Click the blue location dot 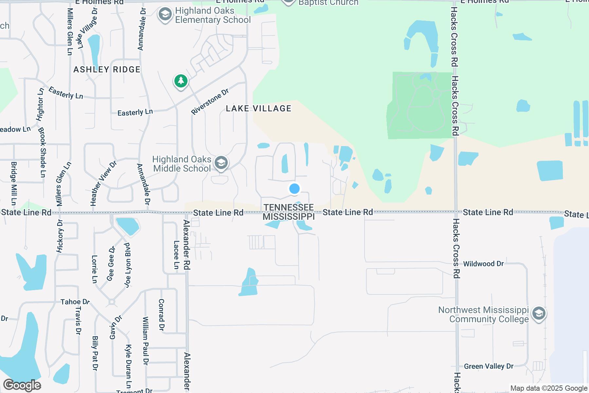(x=294, y=189)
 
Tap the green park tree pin (x=181, y=81)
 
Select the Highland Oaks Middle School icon (x=221, y=163)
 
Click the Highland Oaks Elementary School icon (x=165, y=15)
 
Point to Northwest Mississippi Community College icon (x=539, y=314)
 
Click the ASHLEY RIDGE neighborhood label (x=107, y=69)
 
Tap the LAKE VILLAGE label (x=259, y=108)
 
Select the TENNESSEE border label (x=289, y=207)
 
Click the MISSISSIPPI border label (x=289, y=216)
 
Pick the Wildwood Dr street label (x=483, y=264)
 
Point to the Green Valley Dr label (x=489, y=366)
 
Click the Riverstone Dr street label (x=210, y=102)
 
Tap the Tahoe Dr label (x=75, y=302)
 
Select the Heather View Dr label (x=103, y=183)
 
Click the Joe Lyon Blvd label (x=127, y=265)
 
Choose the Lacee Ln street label (x=176, y=255)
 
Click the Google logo (x=22, y=385)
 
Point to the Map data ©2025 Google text (x=549, y=388)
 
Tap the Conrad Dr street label (x=161, y=314)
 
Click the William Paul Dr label (x=146, y=341)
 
